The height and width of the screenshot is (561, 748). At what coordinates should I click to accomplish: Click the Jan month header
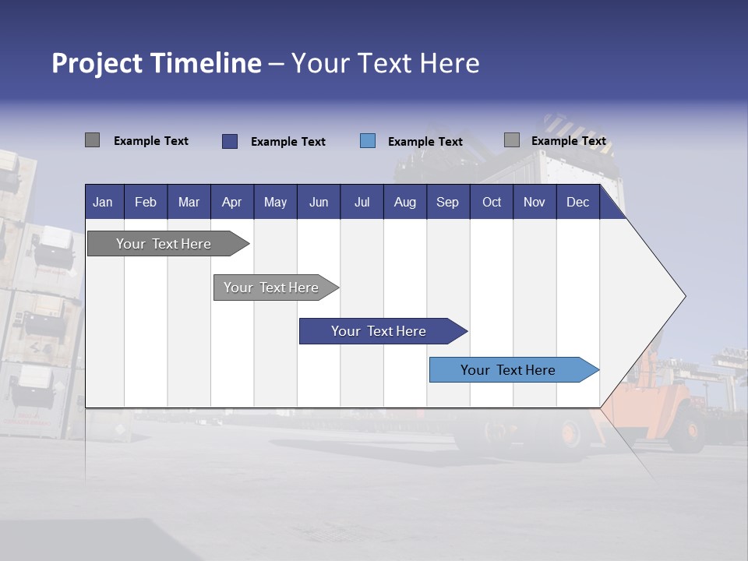pos(103,203)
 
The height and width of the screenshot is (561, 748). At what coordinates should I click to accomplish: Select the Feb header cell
pos(146,203)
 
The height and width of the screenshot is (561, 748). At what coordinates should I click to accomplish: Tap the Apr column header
pos(232,203)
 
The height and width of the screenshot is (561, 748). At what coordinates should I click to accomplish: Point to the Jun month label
pos(319,203)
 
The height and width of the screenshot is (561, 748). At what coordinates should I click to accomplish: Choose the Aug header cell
pos(405,203)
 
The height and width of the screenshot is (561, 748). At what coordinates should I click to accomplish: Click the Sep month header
pos(448,203)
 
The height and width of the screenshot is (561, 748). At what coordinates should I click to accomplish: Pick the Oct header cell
pos(492,203)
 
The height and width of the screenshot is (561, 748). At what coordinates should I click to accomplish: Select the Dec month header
pos(578,203)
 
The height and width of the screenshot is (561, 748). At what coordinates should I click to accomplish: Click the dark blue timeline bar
pos(379,331)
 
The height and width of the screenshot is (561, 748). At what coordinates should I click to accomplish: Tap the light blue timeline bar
pos(508,370)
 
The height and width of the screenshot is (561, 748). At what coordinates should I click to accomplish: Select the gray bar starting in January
pos(164,244)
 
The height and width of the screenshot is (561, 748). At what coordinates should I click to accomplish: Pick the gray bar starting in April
pos(271,288)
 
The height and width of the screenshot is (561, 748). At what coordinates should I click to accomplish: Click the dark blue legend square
pos(230,141)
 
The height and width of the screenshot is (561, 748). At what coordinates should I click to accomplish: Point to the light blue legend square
pos(368,141)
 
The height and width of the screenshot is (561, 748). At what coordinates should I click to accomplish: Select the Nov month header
pos(535,203)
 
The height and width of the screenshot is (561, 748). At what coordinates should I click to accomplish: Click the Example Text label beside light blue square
pos(425,142)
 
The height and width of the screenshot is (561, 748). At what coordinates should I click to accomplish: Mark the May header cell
pos(275,203)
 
